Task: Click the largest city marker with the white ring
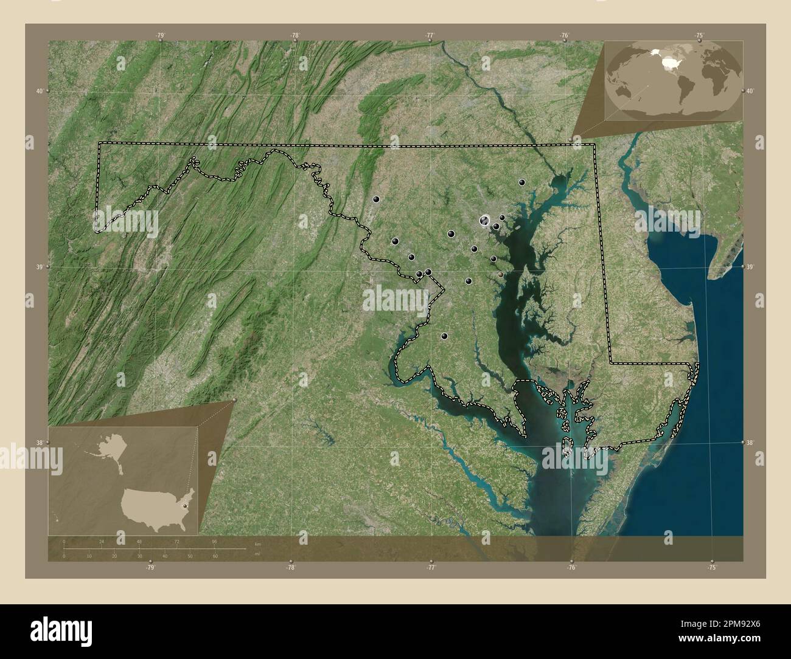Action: point(485,221)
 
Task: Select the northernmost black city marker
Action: point(521,182)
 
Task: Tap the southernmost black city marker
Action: point(444,336)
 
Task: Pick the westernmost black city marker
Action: point(376,198)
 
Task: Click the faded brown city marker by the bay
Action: point(500,275)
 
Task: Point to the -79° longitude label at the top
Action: point(161,36)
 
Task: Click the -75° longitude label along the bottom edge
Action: point(712,568)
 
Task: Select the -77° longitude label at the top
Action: point(430,36)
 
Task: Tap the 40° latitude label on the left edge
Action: point(39,91)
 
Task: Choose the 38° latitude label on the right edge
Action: point(750,443)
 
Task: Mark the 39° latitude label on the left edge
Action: point(39,267)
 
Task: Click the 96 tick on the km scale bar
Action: point(214,541)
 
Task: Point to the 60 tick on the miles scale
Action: point(215,556)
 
